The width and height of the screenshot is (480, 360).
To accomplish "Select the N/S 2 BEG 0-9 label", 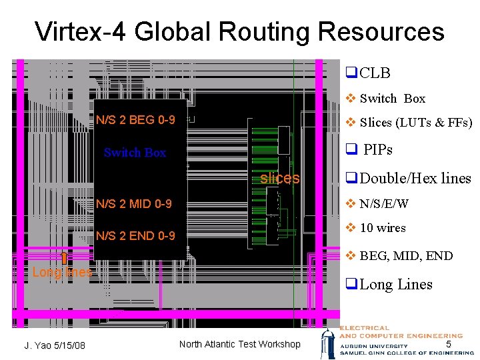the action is (135, 120).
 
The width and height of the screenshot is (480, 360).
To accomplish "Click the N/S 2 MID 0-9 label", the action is (134, 203).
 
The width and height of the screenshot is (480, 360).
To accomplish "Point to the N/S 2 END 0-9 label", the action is (135, 236).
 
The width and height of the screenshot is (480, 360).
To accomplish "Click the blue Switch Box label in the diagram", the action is (135, 153).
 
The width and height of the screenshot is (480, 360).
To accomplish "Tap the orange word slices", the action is (279, 178).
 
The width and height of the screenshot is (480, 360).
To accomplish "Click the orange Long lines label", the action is (62, 272).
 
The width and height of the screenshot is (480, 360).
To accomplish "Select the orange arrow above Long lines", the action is (63, 258).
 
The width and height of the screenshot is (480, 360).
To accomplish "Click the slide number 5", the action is (449, 344).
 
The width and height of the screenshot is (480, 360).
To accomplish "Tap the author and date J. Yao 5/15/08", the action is (55, 345).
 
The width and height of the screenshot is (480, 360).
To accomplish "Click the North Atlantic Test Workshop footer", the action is (240, 344).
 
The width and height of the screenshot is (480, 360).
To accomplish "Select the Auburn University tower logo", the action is (329, 343).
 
